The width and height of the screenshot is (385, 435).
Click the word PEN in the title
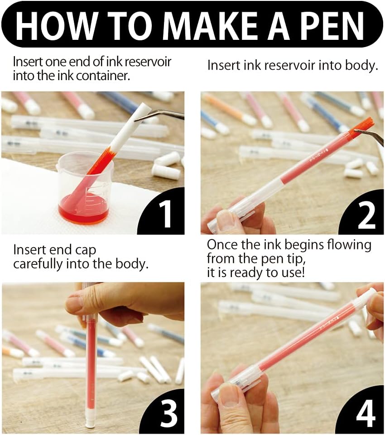tap(329, 25)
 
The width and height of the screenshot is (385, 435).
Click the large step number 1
tap(166, 214)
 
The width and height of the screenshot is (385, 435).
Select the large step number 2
tap(366, 214)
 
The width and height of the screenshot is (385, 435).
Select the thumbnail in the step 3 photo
tap(75, 300)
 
